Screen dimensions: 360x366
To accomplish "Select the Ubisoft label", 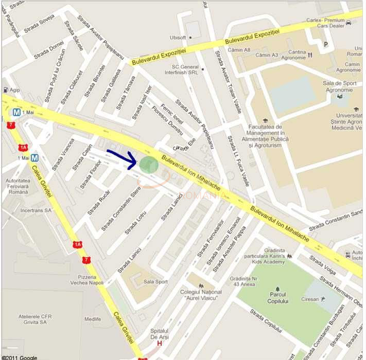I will (178, 38).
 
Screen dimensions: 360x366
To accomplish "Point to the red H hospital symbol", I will (160, 344).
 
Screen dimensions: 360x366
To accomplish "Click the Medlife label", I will (93, 319).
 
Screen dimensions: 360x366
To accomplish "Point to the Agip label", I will (14, 90).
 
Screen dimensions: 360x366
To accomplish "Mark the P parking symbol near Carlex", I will (325, 44).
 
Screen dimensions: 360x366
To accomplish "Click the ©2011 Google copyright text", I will (19, 357).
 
